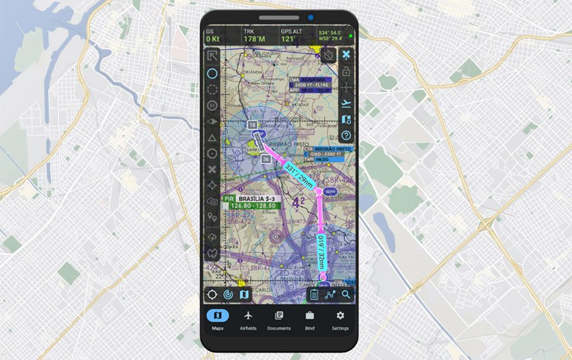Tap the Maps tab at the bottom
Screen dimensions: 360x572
pos(217,320)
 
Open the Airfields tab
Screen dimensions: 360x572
pos(248,320)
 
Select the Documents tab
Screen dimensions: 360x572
pos(279,320)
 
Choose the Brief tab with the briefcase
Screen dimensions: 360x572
pos(309,320)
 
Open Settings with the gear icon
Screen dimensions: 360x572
pos(340,320)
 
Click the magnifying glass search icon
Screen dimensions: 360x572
pos(346,294)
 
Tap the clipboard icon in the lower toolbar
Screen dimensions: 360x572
pos(315,294)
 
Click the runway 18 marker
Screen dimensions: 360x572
pos(252,123)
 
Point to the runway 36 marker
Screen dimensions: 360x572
pos(265,158)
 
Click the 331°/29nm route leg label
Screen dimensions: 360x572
pos(300,175)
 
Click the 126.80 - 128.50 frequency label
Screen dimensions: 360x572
pos(253,205)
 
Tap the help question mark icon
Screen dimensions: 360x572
pos(346,135)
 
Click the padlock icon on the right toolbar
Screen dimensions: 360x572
pos(346,71)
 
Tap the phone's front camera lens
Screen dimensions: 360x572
pos(310,17)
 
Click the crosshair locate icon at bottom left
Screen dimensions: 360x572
pos(212,294)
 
